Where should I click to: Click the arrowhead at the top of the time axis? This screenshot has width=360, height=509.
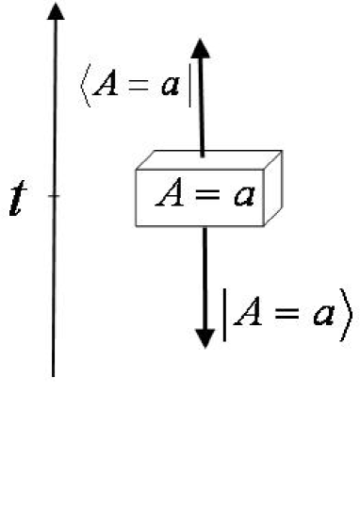click(x=56, y=12)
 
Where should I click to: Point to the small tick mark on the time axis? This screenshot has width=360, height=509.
click(x=55, y=196)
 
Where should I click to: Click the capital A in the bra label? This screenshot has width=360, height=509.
click(x=106, y=88)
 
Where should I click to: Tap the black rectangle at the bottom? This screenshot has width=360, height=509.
click(x=179, y=443)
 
